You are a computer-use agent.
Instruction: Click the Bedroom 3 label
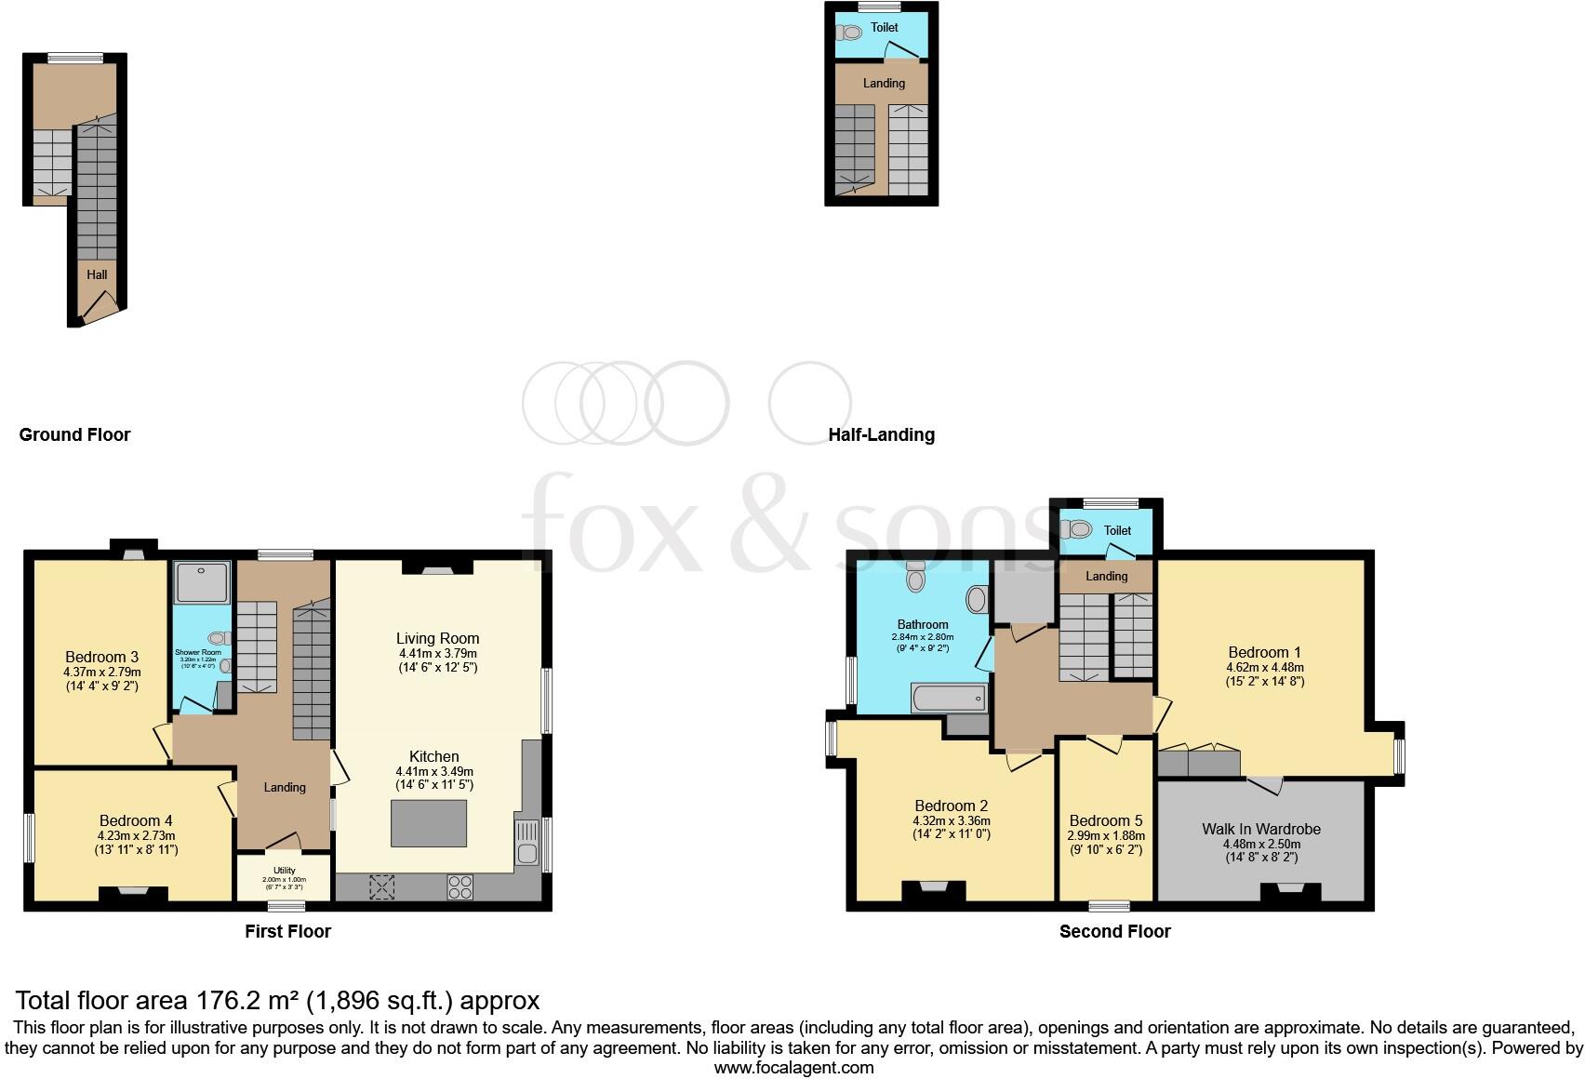[x=101, y=657]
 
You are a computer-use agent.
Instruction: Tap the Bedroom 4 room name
[x=136, y=820]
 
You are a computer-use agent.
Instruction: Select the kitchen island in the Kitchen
[x=429, y=823]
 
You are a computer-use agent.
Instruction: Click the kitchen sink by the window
[x=526, y=842]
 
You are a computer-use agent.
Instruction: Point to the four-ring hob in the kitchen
[x=460, y=886]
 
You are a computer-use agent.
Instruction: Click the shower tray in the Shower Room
[x=202, y=581]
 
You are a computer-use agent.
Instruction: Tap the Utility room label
[x=284, y=871]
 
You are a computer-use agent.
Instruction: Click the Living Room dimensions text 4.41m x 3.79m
[x=437, y=654]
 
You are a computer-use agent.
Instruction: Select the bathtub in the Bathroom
[x=950, y=698]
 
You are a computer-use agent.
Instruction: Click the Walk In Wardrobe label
[x=1260, y=829]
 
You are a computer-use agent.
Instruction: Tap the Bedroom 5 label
[x=1105, y=820]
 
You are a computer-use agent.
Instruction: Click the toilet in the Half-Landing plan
[x=850, y=33]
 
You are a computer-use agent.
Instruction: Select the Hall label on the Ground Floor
[x=97, y=274]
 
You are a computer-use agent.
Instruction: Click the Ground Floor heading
[x=74, y=434]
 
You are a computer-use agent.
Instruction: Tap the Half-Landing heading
[x=881, y=434]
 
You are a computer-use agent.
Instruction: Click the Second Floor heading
[x=1114, y=931]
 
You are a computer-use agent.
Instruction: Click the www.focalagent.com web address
[x=793, y=1068]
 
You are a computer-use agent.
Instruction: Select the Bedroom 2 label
[x=951, y=806]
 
